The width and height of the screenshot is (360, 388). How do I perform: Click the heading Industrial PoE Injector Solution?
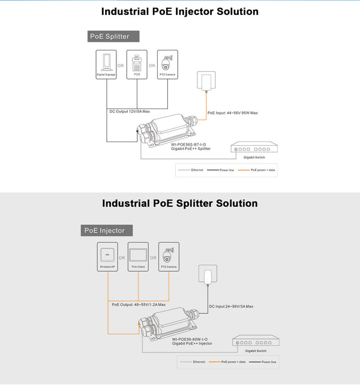coord(180,11)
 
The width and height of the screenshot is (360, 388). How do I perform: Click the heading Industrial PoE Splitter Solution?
coord(180,203)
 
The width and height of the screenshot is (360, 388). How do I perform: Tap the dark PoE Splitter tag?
coord(113,36)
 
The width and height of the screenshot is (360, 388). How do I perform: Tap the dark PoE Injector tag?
coord(107,230)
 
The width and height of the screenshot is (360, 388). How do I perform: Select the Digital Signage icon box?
coord(106,64)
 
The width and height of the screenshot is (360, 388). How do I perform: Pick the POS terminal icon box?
coord(137,64)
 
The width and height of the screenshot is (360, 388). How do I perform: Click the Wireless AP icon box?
coord(107,256)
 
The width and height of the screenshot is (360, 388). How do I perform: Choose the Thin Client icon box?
coord(138,256)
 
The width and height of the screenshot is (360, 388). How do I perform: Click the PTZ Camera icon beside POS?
coord(167,64)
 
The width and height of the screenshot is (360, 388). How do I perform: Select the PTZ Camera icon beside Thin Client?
coord(169,256)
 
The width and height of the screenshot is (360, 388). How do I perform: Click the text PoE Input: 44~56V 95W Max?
coord(232,113)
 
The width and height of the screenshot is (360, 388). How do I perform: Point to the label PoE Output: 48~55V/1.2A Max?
coord(139,305)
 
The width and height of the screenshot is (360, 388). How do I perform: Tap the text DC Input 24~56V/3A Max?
coord(231,306)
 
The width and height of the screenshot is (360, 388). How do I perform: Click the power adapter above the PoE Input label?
coord(208,82)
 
